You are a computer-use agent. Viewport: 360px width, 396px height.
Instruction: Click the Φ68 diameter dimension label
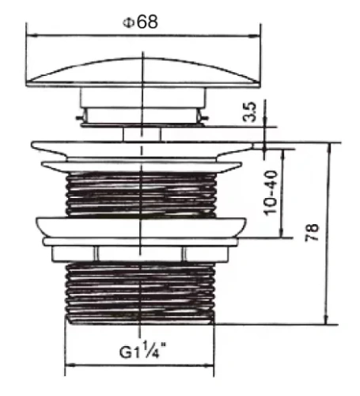140,21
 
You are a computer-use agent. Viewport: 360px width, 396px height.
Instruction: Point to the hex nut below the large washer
143,253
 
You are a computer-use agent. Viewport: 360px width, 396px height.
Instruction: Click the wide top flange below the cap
143,147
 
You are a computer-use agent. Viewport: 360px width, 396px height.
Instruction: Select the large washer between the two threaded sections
143,225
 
